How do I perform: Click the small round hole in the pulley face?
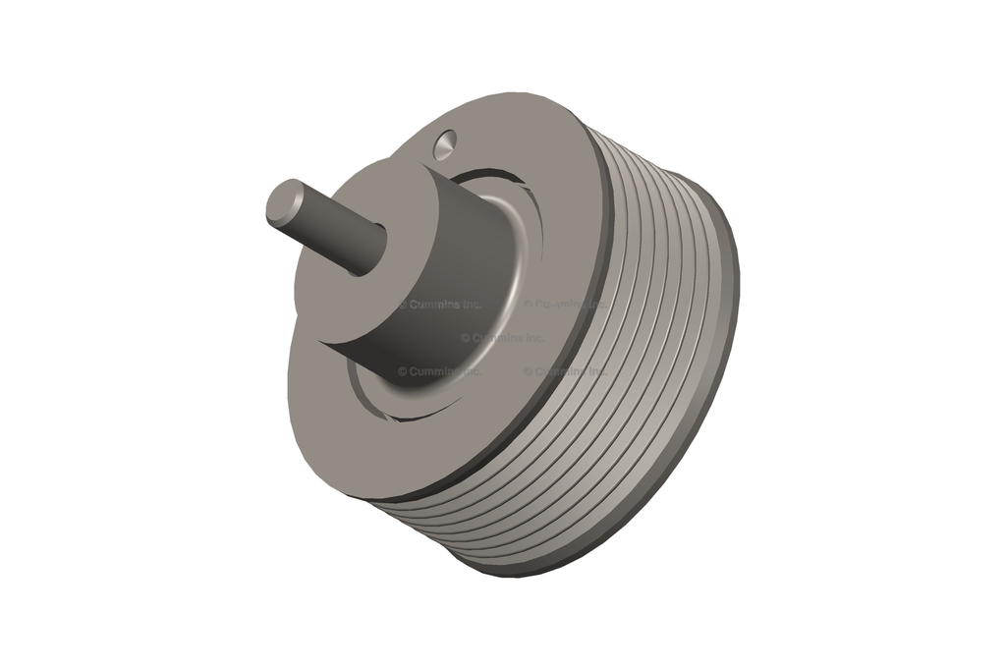(443, 144)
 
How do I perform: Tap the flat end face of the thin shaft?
(285, 201)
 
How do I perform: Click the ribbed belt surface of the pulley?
(648, 324)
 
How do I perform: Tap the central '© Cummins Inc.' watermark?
(502, 337)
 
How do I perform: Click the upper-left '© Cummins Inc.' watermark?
(440, 305)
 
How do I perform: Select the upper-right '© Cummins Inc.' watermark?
(565, 305)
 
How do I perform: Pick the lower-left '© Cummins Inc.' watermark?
(440, 371)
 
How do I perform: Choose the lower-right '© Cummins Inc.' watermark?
(565, 371)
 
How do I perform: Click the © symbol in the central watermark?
(466, 337)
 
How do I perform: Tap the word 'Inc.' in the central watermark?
(531, 337)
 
